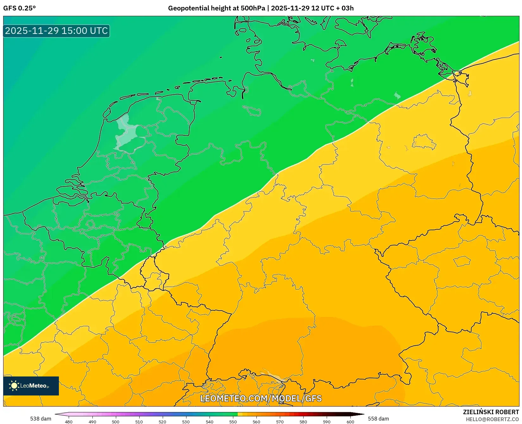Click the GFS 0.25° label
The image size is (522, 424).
[19, 8]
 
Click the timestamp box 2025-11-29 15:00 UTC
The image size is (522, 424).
[56, 31]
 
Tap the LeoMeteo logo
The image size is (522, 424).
[31, 386]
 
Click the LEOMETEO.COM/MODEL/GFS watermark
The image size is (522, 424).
[261, 398]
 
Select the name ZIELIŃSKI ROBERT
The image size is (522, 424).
[491, 412]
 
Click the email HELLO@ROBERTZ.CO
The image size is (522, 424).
[492, 419]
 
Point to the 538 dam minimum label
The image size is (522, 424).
[41, 419]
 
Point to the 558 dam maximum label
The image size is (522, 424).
[378, 419]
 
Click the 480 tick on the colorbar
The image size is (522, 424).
[69, 421]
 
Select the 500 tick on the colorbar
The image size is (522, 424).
[116, 421]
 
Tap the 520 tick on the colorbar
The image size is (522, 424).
[162, 421]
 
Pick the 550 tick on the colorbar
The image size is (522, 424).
[233, 421]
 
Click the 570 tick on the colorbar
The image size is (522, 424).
[280, 421]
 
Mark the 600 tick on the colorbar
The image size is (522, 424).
[350, 421]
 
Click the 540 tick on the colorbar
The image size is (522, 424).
[210, 421]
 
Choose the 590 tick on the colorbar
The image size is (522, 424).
[327, 421]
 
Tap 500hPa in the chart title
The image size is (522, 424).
[253, 8]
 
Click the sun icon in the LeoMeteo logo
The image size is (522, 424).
[14, 386]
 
